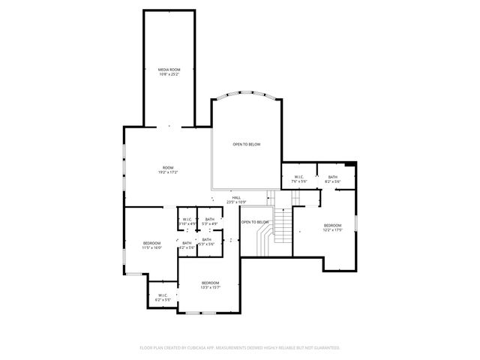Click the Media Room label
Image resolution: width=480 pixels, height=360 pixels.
click(x=169, y=69)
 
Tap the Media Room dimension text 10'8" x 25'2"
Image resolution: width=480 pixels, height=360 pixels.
click(x=169, y=73)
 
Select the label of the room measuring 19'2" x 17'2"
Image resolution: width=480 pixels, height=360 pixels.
click(x=168, y=167)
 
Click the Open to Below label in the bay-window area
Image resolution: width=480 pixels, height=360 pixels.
click(x=246, y=144)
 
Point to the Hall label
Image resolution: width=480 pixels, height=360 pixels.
click(x=236, y=197)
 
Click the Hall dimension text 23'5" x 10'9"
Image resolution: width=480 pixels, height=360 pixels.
click(x=236, y=202)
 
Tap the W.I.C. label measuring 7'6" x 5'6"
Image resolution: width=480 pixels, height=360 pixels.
click(x=299, y=177)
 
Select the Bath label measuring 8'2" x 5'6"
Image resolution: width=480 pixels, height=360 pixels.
click(x=332, y=177)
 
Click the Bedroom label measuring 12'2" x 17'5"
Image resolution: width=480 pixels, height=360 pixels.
click(x=332, y=225)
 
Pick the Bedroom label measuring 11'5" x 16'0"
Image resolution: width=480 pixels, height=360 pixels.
click(x=151, y=243)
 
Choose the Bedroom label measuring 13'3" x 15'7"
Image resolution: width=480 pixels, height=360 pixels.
click(x=209, y=282)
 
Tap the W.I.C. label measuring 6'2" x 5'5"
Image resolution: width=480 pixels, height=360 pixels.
click(x=163, y=295)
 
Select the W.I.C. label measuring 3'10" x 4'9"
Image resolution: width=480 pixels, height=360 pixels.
click(x=187, y=219)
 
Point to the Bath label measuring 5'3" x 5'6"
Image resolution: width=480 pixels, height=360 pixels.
click(x=206, y=239)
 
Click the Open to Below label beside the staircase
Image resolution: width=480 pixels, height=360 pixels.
click(x=255, y=222)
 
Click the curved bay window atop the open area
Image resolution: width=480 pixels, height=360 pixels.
click(x=246, y=97)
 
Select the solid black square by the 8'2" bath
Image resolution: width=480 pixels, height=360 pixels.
click(x=352, y=165)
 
